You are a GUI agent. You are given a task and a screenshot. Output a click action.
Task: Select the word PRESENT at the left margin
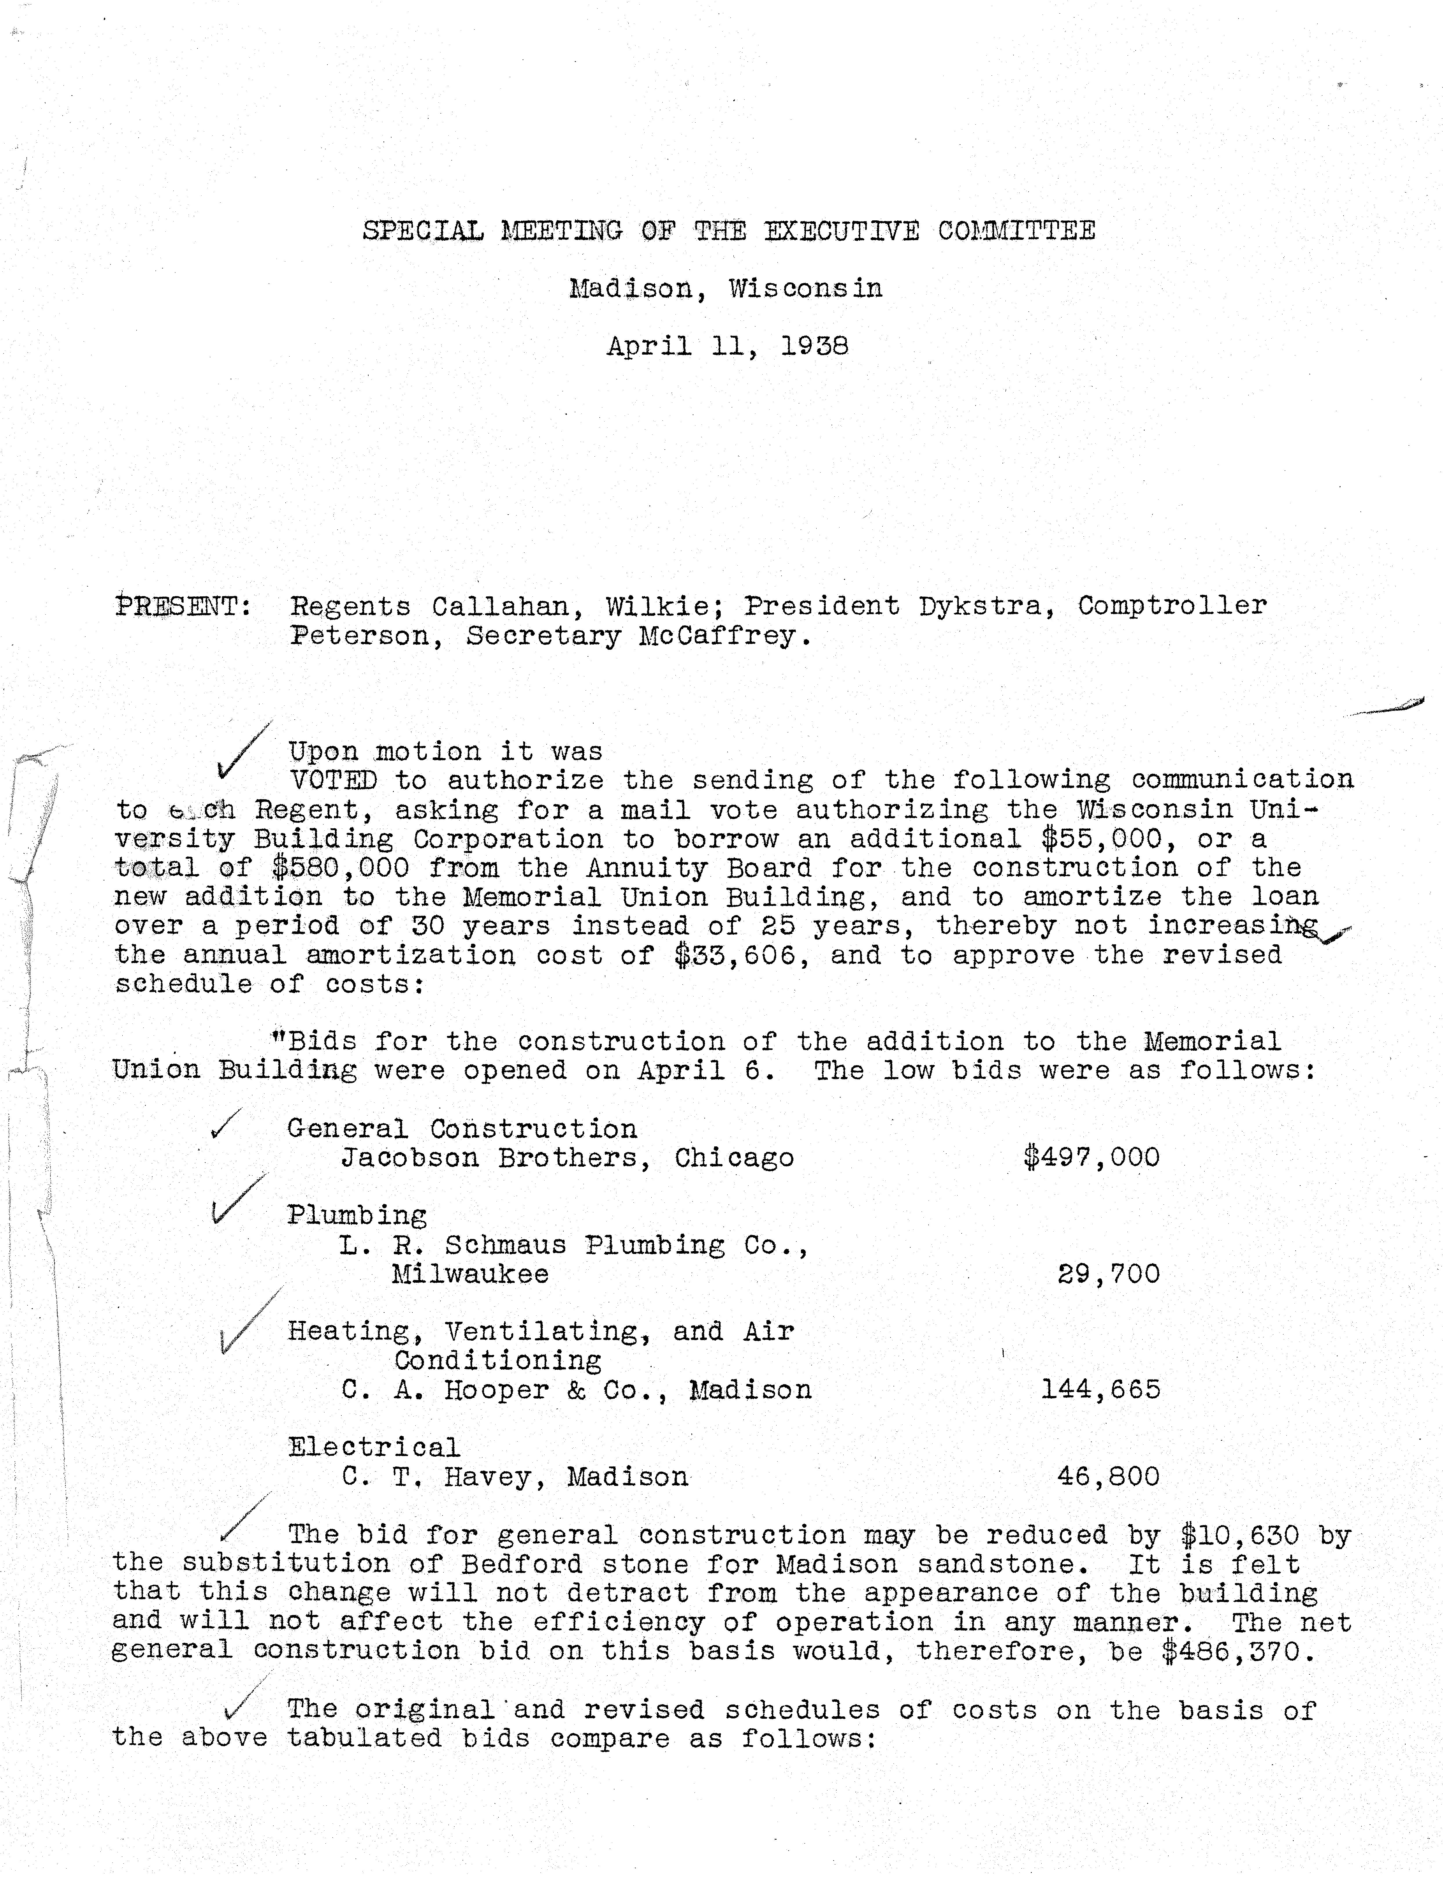[x=182, y=606]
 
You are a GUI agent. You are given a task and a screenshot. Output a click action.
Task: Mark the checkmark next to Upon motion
[x=243, y=749]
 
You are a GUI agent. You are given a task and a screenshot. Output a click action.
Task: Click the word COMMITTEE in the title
[x=1016, y=231]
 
